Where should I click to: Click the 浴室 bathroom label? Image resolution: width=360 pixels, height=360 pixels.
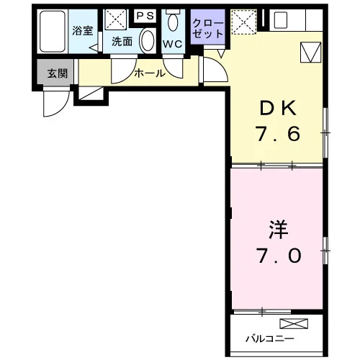[x=83, y=31]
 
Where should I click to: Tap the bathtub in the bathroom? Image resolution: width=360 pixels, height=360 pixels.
[x=53, y=31]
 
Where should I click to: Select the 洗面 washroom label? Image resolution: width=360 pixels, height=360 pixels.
[x=122, y=42]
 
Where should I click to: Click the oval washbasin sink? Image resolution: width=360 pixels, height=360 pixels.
[x=148, y=40]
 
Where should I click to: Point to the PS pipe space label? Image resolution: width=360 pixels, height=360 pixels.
[x=145, y=16]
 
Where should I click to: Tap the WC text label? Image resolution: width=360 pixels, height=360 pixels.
[x=173, y=44]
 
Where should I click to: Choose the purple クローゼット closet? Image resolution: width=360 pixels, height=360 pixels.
[x=208, y=27]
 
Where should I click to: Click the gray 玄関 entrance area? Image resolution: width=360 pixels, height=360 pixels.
[x=55, y=72]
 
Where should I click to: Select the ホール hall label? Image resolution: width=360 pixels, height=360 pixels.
[x=150, y=73]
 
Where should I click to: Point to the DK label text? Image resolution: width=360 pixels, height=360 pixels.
[x=278, y=109]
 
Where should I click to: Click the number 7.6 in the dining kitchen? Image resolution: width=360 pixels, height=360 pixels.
[x=278, y=134]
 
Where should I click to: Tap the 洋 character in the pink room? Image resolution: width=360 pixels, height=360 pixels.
[x=279, y=230]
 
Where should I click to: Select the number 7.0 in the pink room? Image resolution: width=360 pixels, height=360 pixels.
[x=279, y=256]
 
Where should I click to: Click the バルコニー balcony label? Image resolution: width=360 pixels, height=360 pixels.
[x=269, y=338]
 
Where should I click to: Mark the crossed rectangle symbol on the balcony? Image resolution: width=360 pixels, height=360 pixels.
[x=294, y=323]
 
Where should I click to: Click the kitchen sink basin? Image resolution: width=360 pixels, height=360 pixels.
[x=281, y=20]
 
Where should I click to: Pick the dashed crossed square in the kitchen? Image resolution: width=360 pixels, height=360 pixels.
[x=244, y=22]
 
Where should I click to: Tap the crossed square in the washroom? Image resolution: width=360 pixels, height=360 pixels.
[x=116, y=19]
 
